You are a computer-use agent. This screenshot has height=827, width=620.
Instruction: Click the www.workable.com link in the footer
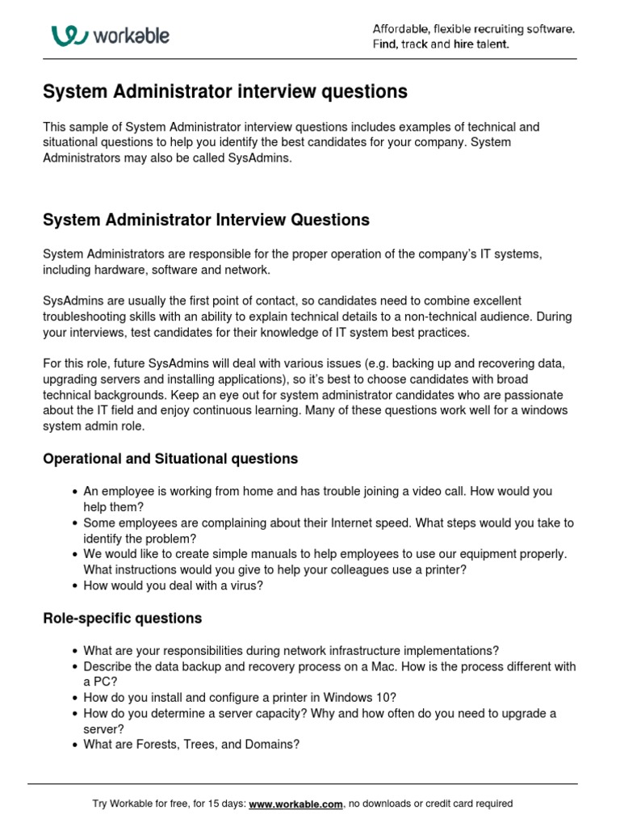pyautogui.click(x=296, y=804)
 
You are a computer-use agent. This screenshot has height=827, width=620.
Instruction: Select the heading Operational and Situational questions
pyautogui.click(x=170, y=459)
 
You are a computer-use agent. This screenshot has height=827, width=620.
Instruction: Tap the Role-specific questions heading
pyautogui.click(x=122, y=619)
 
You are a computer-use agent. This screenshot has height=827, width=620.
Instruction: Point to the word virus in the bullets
pyautogui.click(x=244, y=586)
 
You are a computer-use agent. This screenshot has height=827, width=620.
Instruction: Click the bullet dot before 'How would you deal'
pyautogui.click(x=74, y=586)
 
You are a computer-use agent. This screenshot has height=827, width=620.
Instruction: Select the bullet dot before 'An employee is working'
pyautogui.click(x=74, y=492)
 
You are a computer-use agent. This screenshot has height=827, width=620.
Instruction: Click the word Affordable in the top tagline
pyautogui.click(x=400, y=29)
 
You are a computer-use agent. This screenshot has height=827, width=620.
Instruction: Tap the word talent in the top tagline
pyautogui.click(x=492, y=44)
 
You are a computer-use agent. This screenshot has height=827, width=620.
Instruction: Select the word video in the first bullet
pyautogui.click(x=428, y=491)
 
